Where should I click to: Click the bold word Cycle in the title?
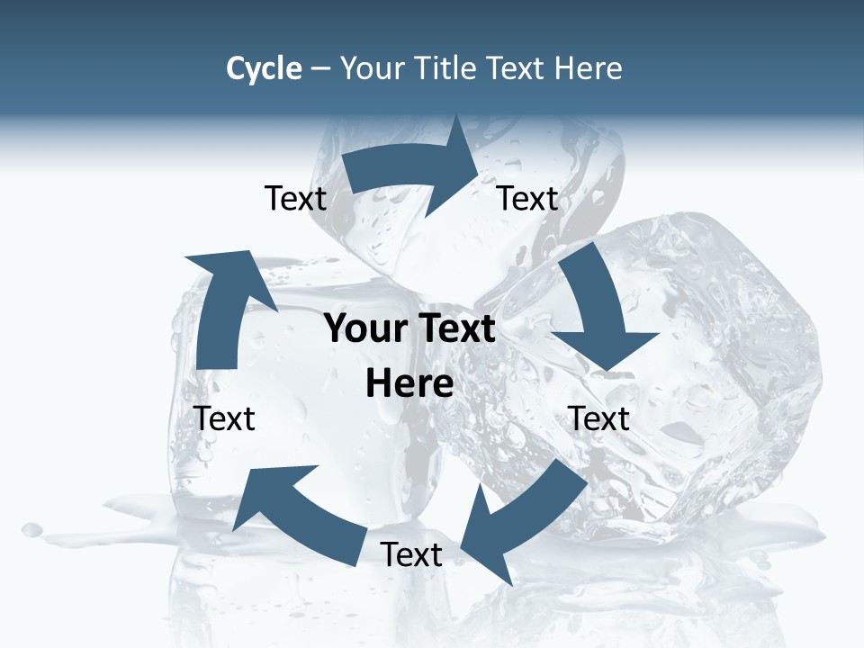click(x=264, y=68)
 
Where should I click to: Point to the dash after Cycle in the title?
click(x=320, y=69)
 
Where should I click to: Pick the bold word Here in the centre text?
click(x=409, y=383)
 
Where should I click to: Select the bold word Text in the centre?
click(x=454, y=328)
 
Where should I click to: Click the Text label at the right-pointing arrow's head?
click(x=527, y=198)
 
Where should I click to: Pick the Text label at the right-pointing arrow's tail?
click(x=295, y=198)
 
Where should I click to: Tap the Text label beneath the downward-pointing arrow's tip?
click(x=598, y=418)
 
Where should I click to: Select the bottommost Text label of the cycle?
click(x=411, y=554)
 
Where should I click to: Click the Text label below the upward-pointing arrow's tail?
click(x=224, y=418)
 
